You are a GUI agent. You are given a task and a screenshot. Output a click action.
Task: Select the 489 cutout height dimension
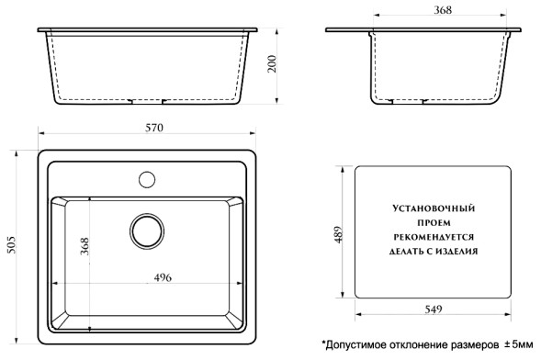click(339, 234)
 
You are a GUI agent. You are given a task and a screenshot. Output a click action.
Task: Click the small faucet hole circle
click(146, 177)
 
